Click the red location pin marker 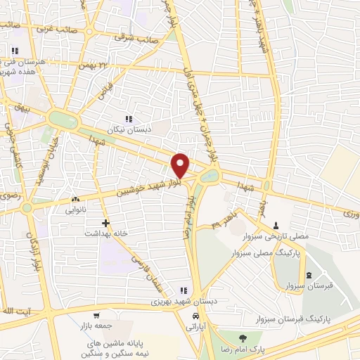point(181,165)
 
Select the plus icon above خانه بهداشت point(105,223)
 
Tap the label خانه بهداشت point(105,233)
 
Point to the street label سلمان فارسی point(148,270)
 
